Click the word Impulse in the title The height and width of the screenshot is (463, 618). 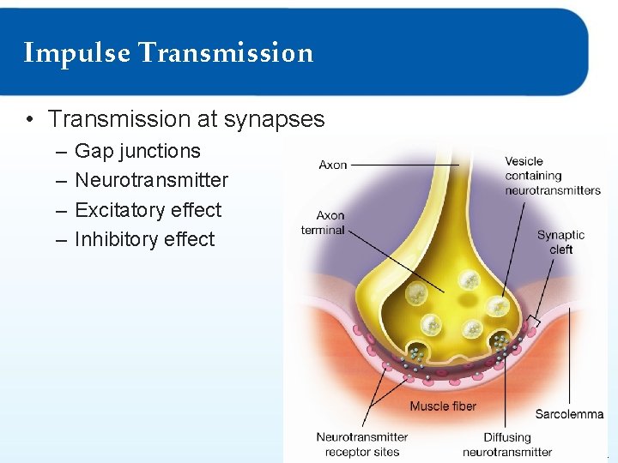[77, 53]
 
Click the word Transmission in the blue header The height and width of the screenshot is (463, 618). [226, 53]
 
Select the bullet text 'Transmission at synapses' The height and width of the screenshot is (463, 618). [186, 118]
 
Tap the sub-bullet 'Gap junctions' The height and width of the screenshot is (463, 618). [137, 151]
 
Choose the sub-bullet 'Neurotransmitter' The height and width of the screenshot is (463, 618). [151, 180]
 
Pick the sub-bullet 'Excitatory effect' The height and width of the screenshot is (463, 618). [148, 210]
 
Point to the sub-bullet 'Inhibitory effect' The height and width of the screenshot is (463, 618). [144, 239]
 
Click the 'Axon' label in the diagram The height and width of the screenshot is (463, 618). [332, 165]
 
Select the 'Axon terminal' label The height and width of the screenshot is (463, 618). [323, 223]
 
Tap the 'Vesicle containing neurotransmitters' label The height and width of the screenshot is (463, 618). [552, 176]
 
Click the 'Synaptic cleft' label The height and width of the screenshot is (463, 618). [560, 242]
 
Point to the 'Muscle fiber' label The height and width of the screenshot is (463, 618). [442, 406]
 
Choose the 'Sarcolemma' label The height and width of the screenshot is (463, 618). [569, 414]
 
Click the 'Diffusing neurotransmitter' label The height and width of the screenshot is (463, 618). [506, 444]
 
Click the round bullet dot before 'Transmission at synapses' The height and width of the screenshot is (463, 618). [29, 119]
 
